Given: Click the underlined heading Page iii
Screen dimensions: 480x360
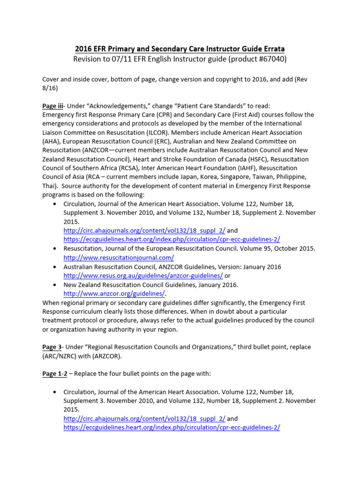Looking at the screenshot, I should click(x=52, y=106).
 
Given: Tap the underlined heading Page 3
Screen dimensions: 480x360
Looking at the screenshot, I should click(x=52, y=347).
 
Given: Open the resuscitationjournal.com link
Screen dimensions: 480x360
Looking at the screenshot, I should click(x=119, y=257).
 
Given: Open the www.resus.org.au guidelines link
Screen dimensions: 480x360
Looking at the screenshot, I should click(x=143, y=276).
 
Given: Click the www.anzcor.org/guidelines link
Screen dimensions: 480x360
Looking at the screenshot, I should click(x=114, y=293).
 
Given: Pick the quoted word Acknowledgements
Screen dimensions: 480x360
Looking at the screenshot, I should click(x=105, y=106).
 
